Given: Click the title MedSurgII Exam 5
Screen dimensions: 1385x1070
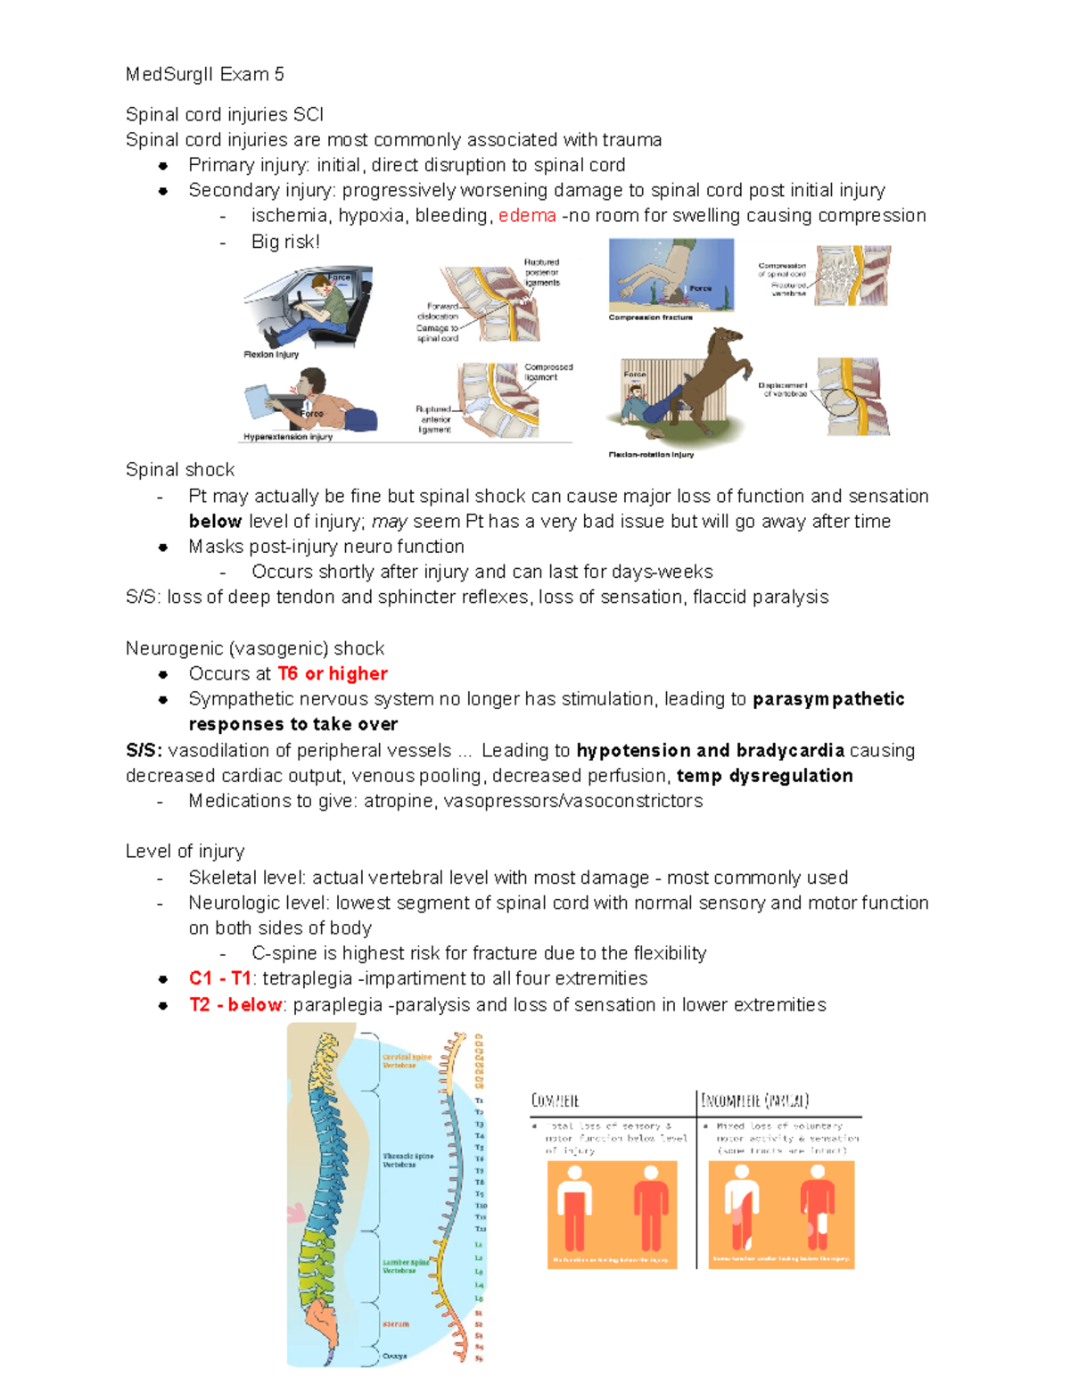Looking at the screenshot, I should tap(204, 74).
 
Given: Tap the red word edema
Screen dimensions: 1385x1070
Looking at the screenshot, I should tap(527, 216).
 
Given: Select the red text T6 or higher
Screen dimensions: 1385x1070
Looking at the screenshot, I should tap(333, 673).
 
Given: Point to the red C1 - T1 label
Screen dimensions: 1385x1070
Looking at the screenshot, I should tap(219, 978).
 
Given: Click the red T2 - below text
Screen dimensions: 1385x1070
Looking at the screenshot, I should tap(235, 1004).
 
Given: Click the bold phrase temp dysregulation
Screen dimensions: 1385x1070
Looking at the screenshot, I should tap(764, 775).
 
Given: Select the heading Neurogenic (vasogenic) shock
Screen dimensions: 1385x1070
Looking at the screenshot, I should tap(255, 648).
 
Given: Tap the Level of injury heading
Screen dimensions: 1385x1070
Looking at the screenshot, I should tap(185, 851).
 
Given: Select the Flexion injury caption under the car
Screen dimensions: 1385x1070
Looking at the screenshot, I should tap(271, 354).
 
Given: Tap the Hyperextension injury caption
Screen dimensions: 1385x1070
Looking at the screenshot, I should tap(288, 437).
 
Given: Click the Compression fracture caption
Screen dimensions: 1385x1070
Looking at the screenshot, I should tap(650, 317).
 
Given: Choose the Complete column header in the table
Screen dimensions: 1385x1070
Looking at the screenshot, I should tap(556, 1101).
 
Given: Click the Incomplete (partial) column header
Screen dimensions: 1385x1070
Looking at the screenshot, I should tap(754, 1101).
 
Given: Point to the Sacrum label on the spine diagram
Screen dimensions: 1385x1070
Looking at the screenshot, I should tap(395, 1323).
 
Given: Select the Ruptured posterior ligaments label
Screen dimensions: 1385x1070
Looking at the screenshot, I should tap(542, 272).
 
